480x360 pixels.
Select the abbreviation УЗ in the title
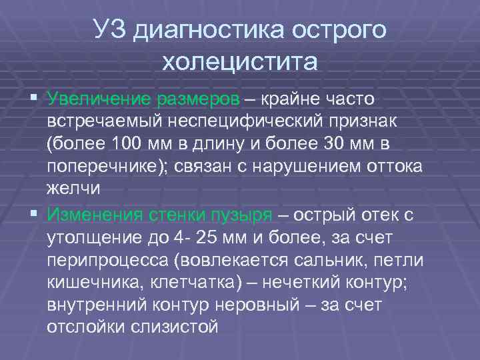[109, 31]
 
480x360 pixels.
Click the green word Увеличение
[99, 99]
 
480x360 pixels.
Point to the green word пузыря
[238, 215]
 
